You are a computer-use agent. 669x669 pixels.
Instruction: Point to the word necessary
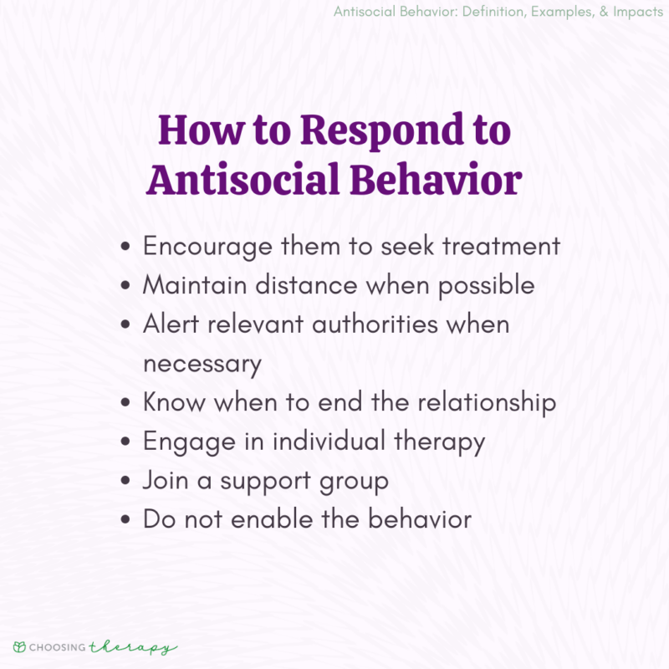click(202, 364)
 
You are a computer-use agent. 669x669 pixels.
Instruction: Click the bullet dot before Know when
click(125, 403)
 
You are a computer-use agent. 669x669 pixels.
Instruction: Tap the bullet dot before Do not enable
click(125, 520)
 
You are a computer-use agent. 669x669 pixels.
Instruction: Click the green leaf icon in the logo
click(19, 647)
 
